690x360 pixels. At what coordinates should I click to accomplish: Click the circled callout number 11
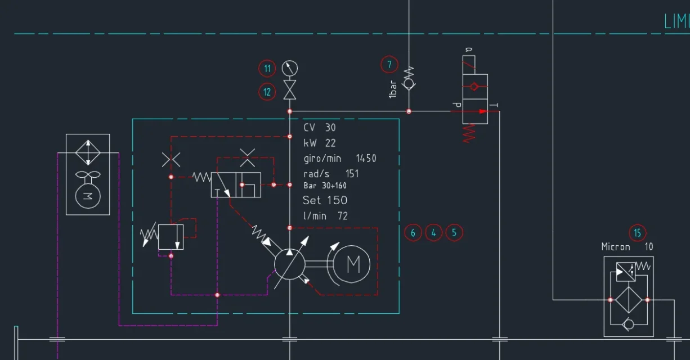[267, 69]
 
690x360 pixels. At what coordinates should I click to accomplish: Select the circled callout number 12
[267, 91]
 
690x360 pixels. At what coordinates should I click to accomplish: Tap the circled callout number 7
[389, 64]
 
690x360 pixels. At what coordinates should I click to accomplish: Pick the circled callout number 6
[413, 232]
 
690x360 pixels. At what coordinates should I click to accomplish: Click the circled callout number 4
[433, 232]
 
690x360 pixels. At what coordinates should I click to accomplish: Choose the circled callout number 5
[454, 232]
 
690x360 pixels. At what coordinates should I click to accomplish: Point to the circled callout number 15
[637, 232]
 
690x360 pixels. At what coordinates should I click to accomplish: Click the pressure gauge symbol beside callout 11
[289, 68]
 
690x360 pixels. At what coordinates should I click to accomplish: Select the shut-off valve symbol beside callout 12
[289, 90]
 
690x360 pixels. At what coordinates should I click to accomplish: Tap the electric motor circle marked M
[353, 263]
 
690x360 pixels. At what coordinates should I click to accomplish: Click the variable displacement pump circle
[289, 263]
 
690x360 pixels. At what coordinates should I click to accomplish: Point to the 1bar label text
[393, 89]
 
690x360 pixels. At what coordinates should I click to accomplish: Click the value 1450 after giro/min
[366, 159]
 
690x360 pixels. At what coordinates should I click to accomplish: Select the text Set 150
[325, 200]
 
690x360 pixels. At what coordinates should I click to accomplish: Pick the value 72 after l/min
[343, 216]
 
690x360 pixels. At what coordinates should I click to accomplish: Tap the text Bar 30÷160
[325, 186]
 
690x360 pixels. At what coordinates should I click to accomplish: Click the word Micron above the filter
[616, 246]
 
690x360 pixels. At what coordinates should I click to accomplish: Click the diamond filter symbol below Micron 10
[629, 300]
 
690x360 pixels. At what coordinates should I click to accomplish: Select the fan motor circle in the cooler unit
[87, 195]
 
